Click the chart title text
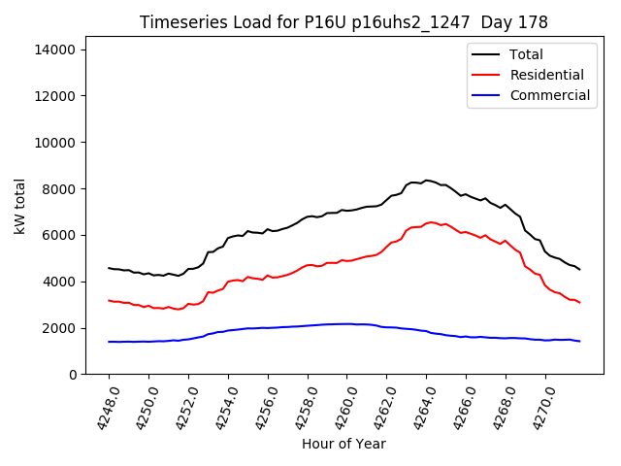point(343,22)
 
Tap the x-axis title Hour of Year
point(343,444)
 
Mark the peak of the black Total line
point(426,180)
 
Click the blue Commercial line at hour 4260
point(347,323)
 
